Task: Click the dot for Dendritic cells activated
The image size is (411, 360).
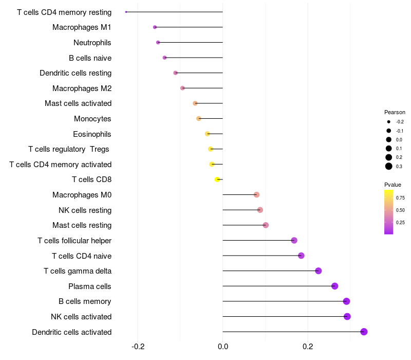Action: click(x=364, y=332)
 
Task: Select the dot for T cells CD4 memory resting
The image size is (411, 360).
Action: click(x=126, y=12)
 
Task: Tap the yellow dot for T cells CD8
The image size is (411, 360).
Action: click(x=217, y=179)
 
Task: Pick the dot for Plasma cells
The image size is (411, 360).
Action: click(x=335, y=286)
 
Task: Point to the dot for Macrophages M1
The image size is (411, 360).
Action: click(x=155, y=27)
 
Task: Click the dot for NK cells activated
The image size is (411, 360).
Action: click(x=347, y=316)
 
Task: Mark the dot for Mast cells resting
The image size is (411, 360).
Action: click(x=266, y=225)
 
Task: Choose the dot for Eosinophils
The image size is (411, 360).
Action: click(x=208, y=134)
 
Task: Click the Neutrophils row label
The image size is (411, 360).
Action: click(x=92, y=42)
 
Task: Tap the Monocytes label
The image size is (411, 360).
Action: click(x=92, y=118)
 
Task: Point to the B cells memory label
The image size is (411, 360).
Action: click(x=85, y=301)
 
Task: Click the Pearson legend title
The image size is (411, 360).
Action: click(x=395, y=112)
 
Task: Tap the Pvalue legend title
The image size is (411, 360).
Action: click(x=393, y=185)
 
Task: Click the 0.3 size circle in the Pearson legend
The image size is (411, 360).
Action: click(x=389, y=166)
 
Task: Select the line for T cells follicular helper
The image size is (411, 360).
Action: click(x=257, y=240)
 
